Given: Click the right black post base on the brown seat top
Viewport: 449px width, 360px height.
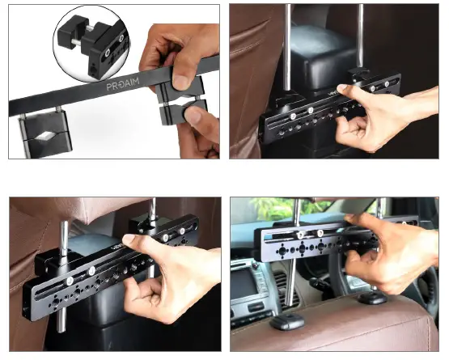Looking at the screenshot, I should [373, 299].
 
